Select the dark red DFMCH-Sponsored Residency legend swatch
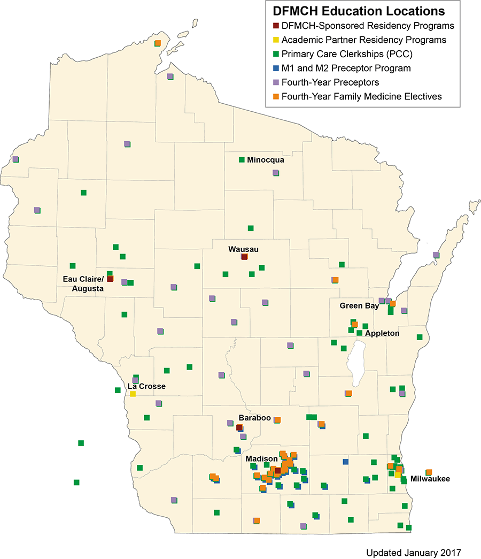(276, 26)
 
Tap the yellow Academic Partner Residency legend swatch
(276, 40)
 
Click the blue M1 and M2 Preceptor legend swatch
(276, 68)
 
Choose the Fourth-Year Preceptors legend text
(330, 82)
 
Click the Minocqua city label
(266, 159)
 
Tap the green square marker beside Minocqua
(242, 159)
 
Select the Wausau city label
(243, 249)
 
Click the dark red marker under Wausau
(244, 257)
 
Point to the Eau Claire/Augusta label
(83, 284)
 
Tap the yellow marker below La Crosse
(133, 394)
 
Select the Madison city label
(261, 459)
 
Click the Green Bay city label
(358, 306)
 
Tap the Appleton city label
(382, 333)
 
